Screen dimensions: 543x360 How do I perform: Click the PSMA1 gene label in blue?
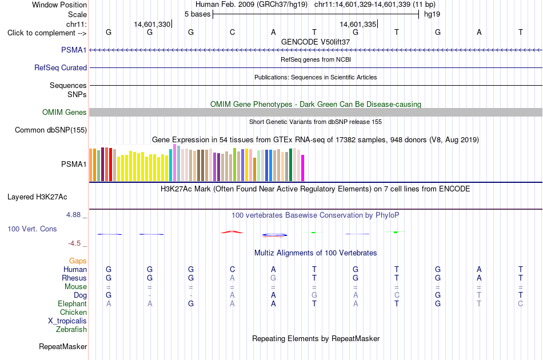coord(74,50)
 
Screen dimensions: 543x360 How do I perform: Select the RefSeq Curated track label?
coord(61,67)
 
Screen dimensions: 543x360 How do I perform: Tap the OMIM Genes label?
coord(65,112)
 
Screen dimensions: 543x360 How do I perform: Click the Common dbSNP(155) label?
coord(51,130)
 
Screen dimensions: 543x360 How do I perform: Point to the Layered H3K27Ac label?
coord(37,197)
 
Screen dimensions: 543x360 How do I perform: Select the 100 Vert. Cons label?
coord(32,229)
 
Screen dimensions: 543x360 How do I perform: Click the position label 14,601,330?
coord(153,24)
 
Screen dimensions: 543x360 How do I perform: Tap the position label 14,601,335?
coord(358,24)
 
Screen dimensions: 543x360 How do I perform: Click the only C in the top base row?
coord(233,32)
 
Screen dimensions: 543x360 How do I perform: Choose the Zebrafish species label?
coord(71,329)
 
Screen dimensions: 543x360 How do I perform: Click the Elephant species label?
coord(73,303)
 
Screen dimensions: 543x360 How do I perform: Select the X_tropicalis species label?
coord(67,321)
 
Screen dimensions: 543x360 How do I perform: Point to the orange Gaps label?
coord(78,261)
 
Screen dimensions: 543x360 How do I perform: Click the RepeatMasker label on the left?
coord(63,346)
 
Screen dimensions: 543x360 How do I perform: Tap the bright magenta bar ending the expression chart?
coord(303,168)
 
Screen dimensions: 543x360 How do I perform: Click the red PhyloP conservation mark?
coord(232,232)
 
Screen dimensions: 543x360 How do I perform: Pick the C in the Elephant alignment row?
coord(521,303)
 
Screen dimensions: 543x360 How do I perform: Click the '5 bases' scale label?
coord(197,14)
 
